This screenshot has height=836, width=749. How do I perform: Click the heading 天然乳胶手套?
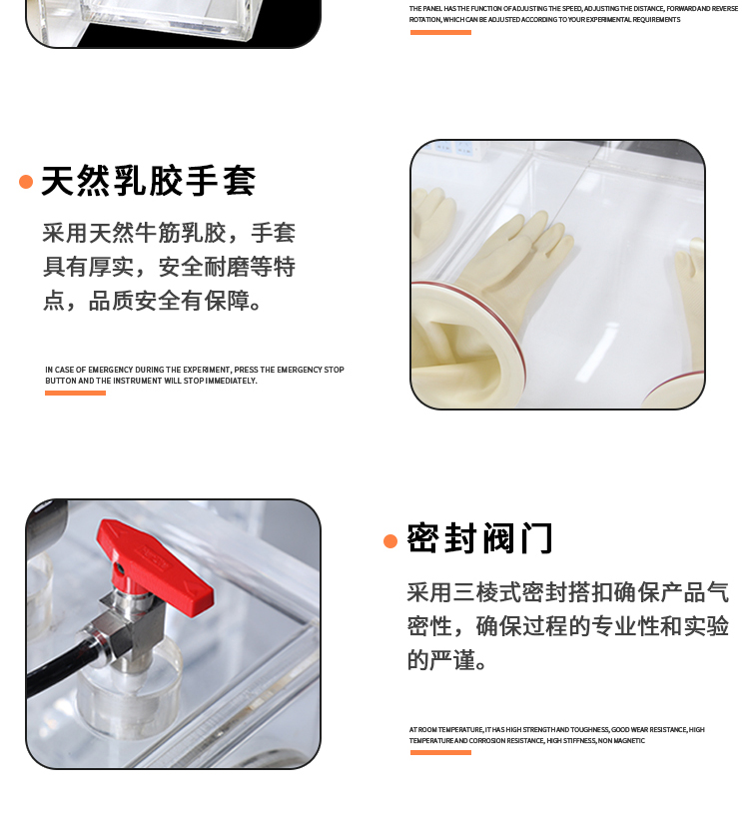(x=148, y=181)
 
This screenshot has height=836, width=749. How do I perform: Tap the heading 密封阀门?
(x=479, y=538)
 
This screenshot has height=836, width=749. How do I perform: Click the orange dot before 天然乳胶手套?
(x=26, y=182)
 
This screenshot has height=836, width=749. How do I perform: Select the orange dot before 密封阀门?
(x=390, y=541)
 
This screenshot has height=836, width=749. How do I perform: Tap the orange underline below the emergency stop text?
(x=75, y=393)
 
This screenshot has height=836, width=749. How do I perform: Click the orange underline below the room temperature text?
(x=440, y=752)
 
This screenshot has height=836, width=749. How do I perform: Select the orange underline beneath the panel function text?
(x=440, y=32)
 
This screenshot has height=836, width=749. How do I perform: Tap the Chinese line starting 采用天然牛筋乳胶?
(x=169, y=234)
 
